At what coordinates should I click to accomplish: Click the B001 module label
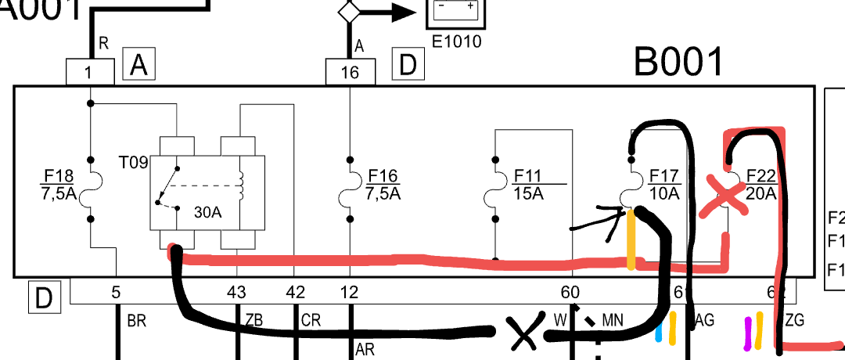pos(678,62)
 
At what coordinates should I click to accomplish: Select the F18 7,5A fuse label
pos(59,184)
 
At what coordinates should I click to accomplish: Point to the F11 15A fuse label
pos(529,184)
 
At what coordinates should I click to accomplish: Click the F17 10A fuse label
pos(664,184)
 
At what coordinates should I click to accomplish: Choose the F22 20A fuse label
pos(760,184)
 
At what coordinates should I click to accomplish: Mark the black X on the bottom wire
pos(522,335)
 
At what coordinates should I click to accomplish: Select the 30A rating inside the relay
pos(207,211)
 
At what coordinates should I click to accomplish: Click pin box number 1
pos(89,73)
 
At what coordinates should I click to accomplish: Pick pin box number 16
pos(350,73)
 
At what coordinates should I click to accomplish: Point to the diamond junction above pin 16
pos(348,12)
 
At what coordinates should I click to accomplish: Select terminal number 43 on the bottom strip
pos(236,293)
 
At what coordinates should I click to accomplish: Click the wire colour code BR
pos(136,320)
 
